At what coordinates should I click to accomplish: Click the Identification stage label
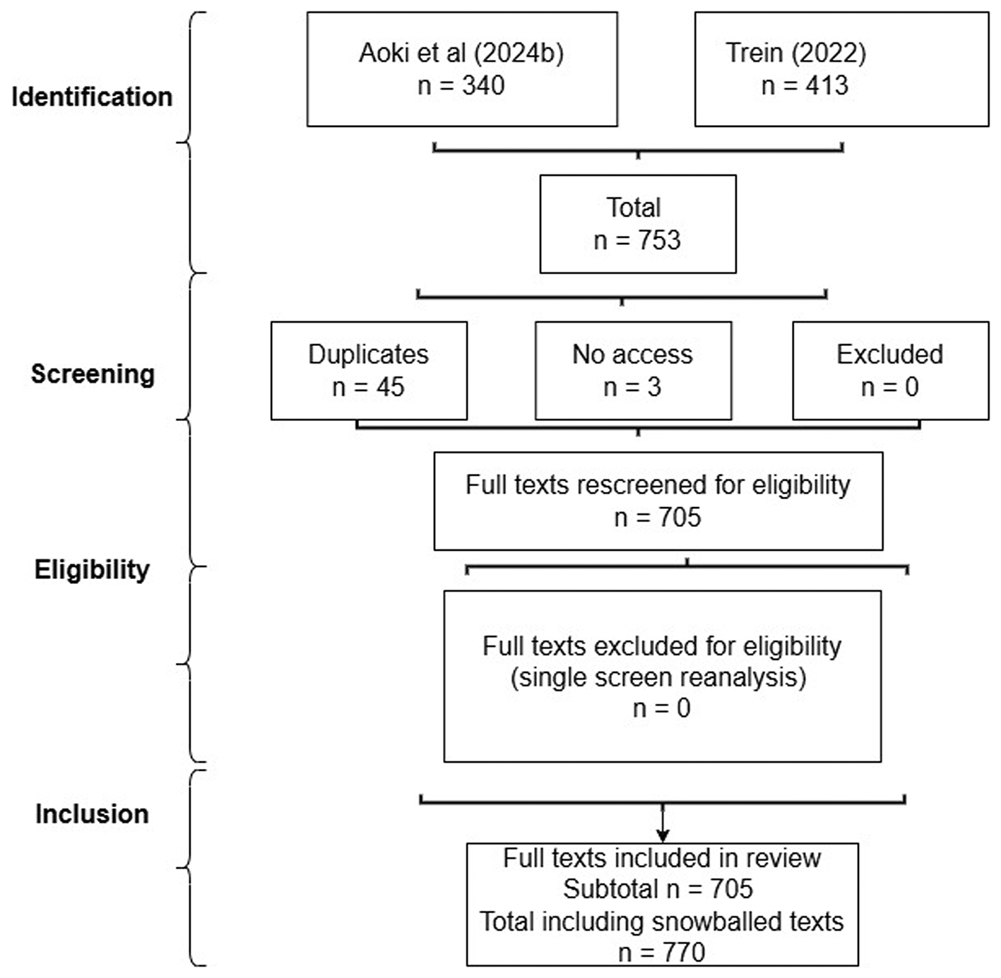(92, 97)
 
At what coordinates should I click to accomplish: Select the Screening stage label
(93, 374)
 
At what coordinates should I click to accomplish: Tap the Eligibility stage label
(92, 570)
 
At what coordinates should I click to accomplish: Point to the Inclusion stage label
(92, 814)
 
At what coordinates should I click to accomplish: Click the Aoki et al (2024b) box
(462, 69)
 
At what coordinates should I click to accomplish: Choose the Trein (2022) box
(841, 69)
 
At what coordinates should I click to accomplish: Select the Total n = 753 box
(638, 224)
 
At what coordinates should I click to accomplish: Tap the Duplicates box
(369, 371)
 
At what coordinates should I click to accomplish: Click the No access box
(633, 371)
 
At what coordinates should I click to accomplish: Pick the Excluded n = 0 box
(890, 371)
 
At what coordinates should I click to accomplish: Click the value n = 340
(461, 85)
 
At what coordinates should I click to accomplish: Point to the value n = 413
(805, 85)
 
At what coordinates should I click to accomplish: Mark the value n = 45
(368, 387)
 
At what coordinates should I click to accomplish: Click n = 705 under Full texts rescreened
(658, 518)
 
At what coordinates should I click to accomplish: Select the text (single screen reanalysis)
(658, 678)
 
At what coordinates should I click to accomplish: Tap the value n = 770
(662, 953)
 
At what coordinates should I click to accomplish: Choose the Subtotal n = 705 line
(658, 889)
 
